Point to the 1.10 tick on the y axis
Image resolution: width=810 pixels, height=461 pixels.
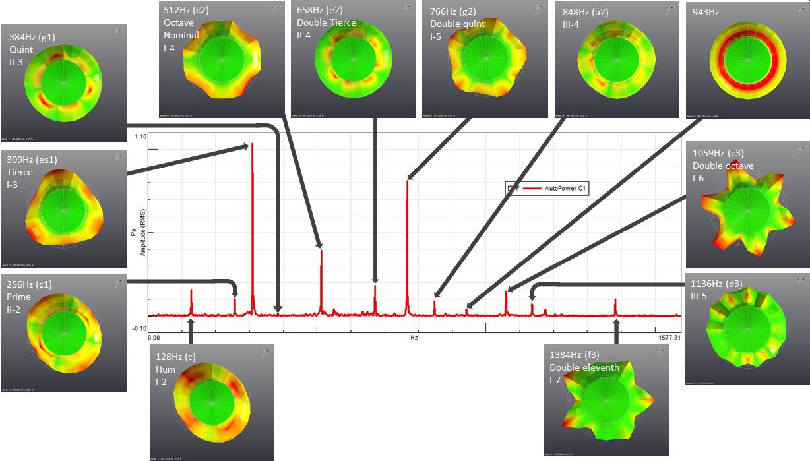140,137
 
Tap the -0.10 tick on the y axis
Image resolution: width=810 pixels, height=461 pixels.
140,328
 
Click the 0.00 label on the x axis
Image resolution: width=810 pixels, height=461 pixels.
154,338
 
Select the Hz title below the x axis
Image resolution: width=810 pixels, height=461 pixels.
414,338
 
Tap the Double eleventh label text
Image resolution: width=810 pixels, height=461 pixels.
584,367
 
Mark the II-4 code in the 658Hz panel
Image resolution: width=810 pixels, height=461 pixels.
304,34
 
